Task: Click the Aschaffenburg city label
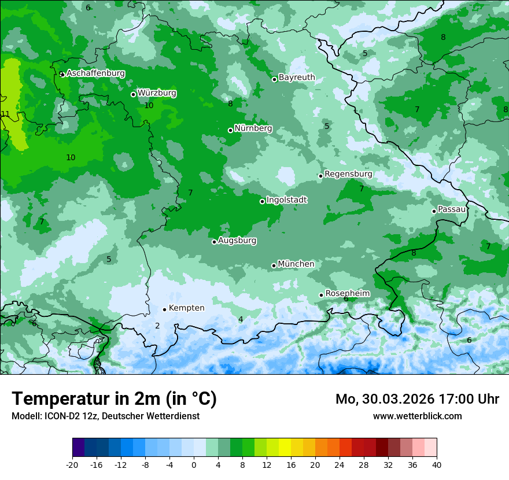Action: (x=95, y=73)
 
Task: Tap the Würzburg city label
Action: (x=157, y=93)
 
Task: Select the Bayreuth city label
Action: (x=297, y=77)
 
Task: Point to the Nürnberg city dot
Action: (x=230, y=130)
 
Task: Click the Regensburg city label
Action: (x=348, y=174)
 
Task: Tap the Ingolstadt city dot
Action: (x=262, y=201)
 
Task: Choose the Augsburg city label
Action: (x=237, y=241)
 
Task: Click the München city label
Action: (x=296, y=264)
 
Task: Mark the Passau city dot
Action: (x=434, y=211)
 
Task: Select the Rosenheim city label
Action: (x=347, y=294)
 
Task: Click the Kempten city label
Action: (x=186, y=308)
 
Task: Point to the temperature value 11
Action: (x=5, y=114)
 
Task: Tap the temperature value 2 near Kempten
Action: (x=157, y=326)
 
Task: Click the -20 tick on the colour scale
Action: (x=72, y=464)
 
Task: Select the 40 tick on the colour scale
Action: (x=436, y=464)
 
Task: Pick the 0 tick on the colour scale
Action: (x=194, y=464)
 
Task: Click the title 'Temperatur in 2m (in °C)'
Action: (x=114, y=399)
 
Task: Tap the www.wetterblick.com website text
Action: (x=417, y=416)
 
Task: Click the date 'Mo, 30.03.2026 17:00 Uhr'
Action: (x=417, y=399)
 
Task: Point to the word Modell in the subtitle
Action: (x=25, y=416)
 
